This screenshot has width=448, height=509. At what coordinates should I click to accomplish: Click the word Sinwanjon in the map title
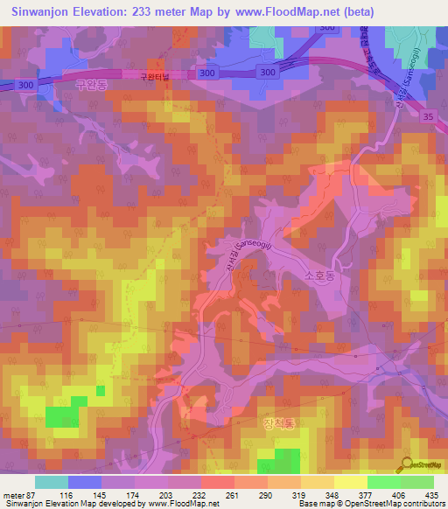click(x=42, y=12)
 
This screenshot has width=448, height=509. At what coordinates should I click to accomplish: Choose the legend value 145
click(x=113, y=495)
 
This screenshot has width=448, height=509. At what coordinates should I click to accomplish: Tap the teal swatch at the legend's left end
click(x=51, y=482)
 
